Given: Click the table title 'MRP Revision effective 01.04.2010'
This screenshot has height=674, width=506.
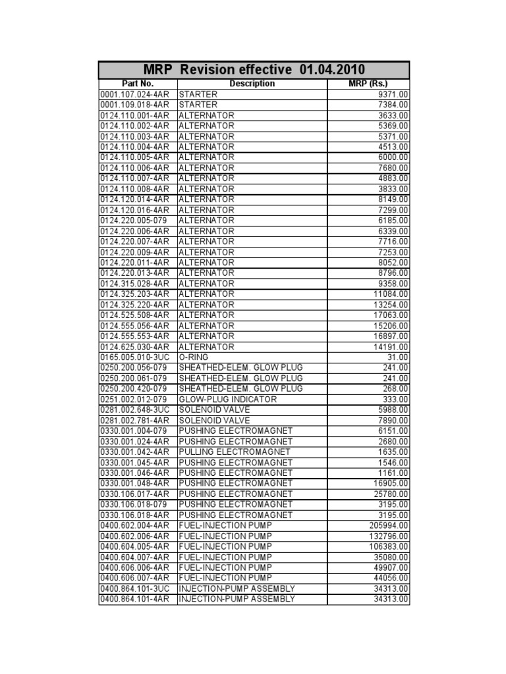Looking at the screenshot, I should [x=254, y=70].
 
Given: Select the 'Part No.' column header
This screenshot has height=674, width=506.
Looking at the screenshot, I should [x=137, y=84].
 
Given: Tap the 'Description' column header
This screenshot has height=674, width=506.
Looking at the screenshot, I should [x=252, y=84].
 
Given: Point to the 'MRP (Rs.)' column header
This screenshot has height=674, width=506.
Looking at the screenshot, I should [x=368, y=84].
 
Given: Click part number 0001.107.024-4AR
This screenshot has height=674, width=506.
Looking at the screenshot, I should [x=134, y=94].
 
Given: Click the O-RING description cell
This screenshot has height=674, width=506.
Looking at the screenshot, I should [x=194, y=357].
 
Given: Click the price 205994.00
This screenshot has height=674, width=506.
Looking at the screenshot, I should [x=389, y=525].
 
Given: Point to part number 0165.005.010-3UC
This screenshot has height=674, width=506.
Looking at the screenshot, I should [x=135, y=357].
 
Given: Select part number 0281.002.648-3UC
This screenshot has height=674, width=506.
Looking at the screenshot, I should [x=135, y=409].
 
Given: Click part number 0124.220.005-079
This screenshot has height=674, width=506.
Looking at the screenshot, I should [x=134, y=220].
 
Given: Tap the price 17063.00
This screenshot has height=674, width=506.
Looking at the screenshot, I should [x=391, y=315].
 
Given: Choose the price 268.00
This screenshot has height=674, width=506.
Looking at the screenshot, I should [x=395, y=388].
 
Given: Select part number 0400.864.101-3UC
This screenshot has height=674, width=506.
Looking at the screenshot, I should [x=135, y=588].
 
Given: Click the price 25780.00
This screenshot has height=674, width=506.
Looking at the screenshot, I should [x=391, y=494].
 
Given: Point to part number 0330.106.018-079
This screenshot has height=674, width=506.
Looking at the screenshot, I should [x=134, y=504].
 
